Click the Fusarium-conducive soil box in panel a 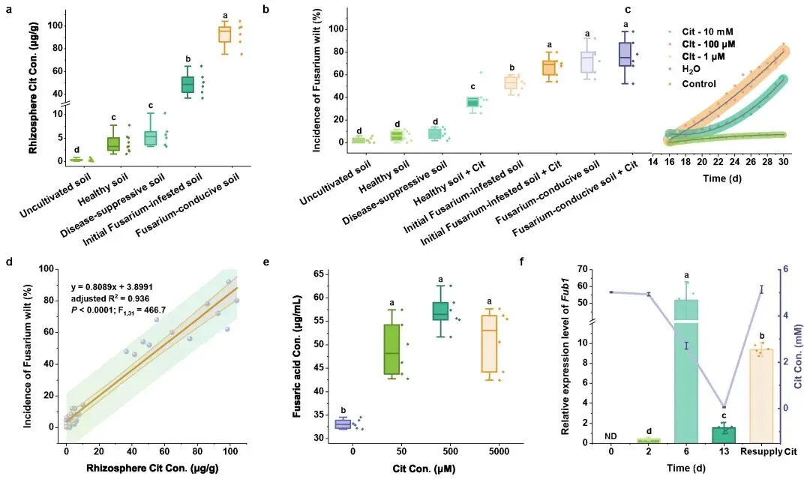(x=224, y=34)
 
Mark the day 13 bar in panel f (x=724, y=434)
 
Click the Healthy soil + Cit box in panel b (x=473, y=102)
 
